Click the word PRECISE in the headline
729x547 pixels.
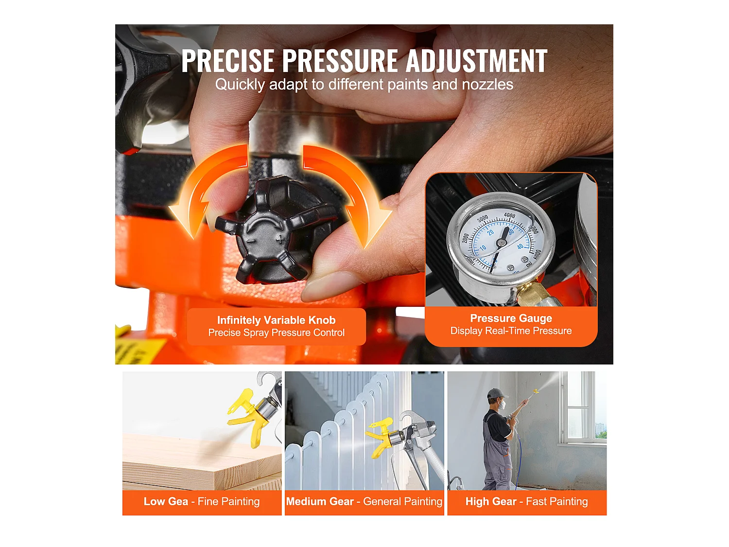pos(228,61)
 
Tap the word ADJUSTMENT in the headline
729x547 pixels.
pos(476,61)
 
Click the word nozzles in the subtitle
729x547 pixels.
pos(487,85)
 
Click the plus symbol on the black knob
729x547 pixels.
pos(281,239)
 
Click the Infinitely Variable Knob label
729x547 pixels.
pos(276,320)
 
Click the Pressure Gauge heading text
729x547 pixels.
pos(511,318)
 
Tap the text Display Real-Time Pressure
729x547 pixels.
pos(511,331)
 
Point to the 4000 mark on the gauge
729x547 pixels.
pos(509,215)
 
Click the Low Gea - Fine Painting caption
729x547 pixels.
pos(202,502)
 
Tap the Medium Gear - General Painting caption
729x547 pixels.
pos(364,502)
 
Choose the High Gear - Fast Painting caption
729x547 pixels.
pos(526,502)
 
